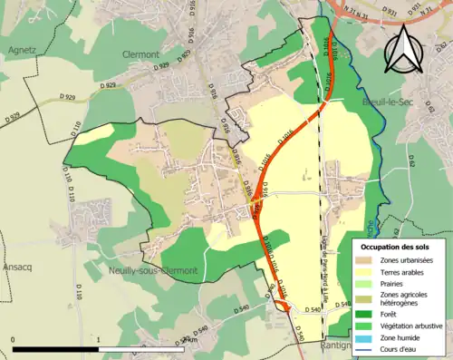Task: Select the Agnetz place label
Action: tap(20, 50)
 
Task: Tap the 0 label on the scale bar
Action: tap(14, 338)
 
